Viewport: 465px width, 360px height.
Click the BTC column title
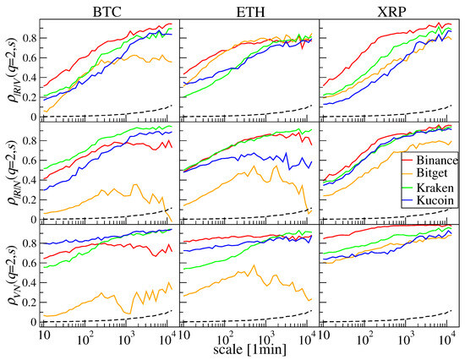[107, 12]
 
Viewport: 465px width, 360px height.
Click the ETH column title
[250, 12]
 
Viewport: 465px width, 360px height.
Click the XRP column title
[391, 12]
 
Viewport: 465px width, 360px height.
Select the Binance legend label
[437, 161]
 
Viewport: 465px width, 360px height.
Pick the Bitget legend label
[432, 173]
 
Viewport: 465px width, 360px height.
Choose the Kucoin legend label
[435, 200]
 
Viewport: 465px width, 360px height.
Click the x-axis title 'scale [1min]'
[250, 350]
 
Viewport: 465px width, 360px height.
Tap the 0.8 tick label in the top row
[30, 38]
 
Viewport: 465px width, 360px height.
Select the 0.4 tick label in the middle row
[30, 180]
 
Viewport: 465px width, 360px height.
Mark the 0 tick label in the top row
[34, 117]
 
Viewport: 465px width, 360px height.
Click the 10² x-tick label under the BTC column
[85, 338]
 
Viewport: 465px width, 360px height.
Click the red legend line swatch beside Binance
[408, 161]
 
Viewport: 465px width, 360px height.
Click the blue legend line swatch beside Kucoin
[408, 201]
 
